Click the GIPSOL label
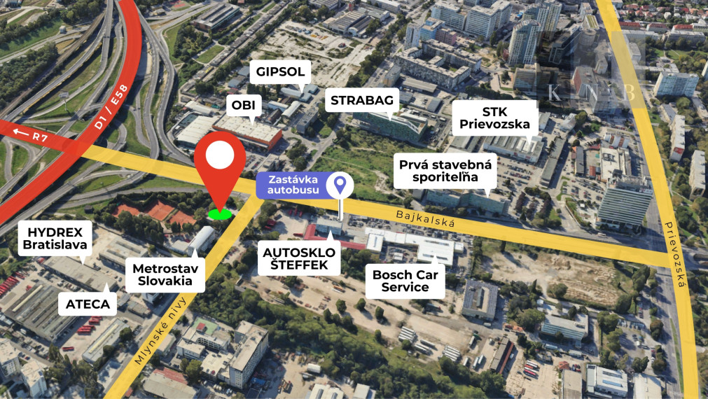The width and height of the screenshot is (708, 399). (280, 72)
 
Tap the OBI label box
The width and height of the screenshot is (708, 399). (244, 106)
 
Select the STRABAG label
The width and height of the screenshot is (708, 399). (362, 99)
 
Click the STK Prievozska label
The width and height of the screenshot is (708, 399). (494, 118)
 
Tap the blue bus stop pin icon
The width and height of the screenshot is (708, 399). (340, 184)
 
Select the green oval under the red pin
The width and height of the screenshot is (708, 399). (221, 213)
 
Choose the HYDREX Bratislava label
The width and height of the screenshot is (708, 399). (55, 239)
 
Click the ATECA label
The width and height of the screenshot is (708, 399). (88, 303)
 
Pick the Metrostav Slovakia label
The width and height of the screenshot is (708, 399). (166, 274)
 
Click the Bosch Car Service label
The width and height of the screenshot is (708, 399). (405, 281)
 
